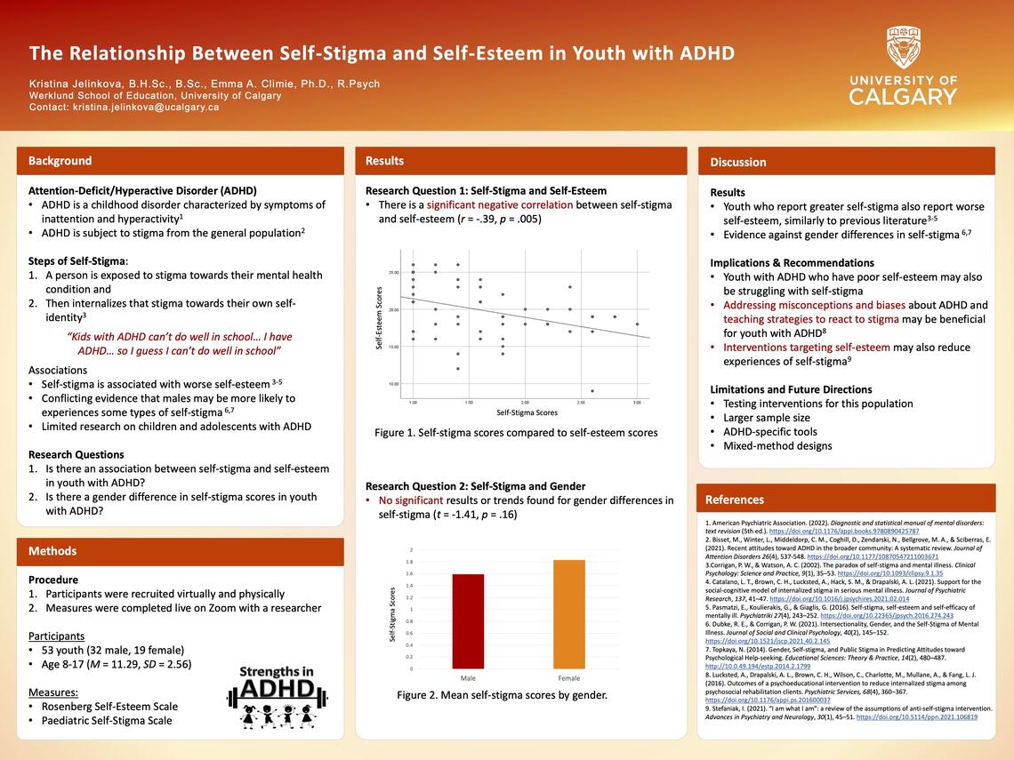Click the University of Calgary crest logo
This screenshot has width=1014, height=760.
(x=903, y=47)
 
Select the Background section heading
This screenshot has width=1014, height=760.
(x=60, y=161)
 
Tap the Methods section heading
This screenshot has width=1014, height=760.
(x=52, y=551)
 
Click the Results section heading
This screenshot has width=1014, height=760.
(x=384, y=161)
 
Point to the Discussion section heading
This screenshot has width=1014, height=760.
(x=737, y=162)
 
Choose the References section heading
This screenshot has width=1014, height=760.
(x=735, y=500)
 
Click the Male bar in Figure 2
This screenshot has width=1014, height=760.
(x=468, y=621)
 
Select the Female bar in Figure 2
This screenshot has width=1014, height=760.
(x=569, y=614)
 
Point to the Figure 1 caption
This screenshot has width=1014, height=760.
(x=516, y=433)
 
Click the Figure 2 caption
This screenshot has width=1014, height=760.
(x=502, y=695)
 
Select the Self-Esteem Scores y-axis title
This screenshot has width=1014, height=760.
(x=379, y=317)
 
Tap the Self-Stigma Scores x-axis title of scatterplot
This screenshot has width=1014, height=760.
(x=527, y=412)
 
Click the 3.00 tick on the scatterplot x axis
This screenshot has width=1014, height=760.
(x=637, y=403)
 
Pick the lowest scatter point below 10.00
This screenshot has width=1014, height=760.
(x=592, y=391)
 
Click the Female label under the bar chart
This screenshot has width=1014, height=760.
(x=568, y=678)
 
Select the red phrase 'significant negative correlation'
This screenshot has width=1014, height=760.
(x=507, y=204)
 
